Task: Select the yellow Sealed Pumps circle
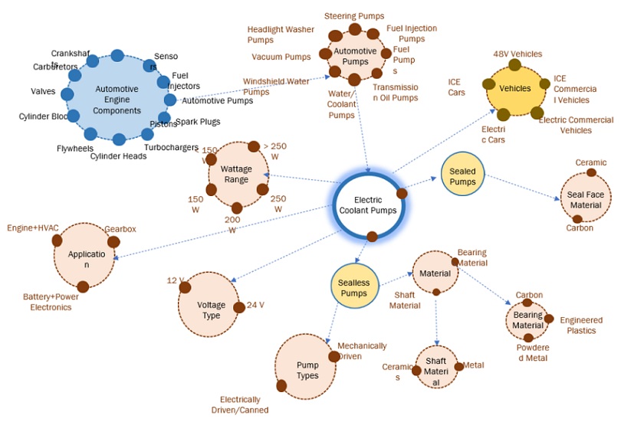(x=463, y=175)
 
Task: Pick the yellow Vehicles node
(x=514, y=88)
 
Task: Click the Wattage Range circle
(x=237, y=175)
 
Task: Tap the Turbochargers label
(x=171, y=147)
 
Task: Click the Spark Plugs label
(x=198, y=122)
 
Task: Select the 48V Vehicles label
(x=517, y=54)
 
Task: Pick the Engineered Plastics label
(x=580, y=325)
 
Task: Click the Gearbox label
(x=120, y=229)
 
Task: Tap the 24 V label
(x=255, y=304)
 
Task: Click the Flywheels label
(x=75, y=149)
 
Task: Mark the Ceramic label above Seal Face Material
(x=590, y=162)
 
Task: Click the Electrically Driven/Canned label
(x=245, y=404)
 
